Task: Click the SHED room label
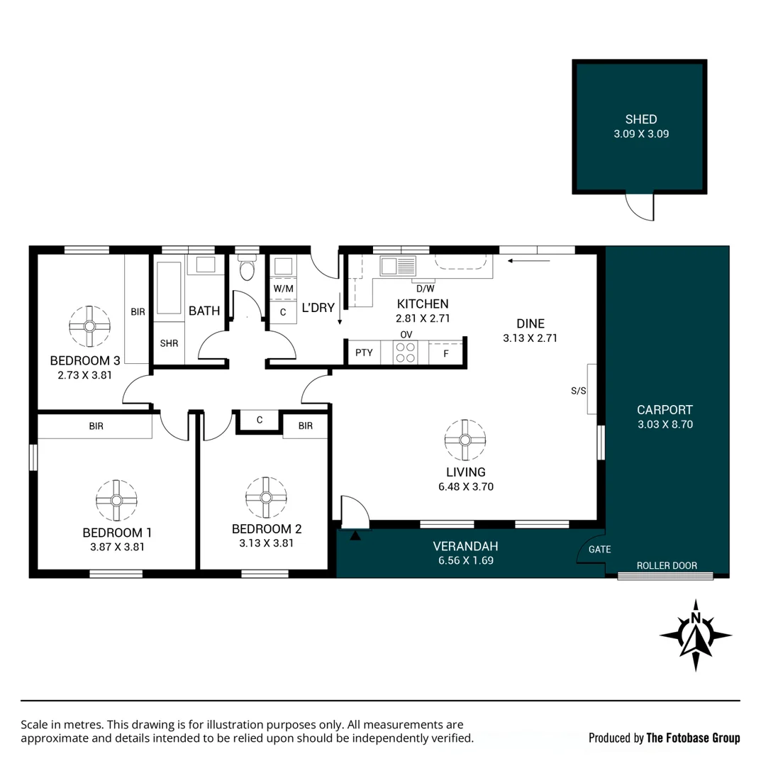[x=641, y=119]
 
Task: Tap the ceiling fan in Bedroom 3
[x=89, y=326]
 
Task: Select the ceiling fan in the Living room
[x=465, y=440]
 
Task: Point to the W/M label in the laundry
[x=283, y=289]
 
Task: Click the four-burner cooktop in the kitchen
[x=406, y=353]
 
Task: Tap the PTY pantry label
[x=364, y=353]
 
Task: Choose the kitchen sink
[x=398, y=266]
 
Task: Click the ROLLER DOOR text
[x=667, y=566]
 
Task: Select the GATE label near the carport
[x=600, y=550]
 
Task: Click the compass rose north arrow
[x=696, y=635]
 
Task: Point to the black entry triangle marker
[x=355, y=535]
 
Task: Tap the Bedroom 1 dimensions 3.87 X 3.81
[x=117, y=547]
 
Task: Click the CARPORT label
[x=665, y=410]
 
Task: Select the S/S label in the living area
[x=578, y=391]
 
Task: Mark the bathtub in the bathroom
[x=169, y=288]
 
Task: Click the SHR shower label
[x=169, y=343]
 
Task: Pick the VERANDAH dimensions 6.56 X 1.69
[x=466, y=561]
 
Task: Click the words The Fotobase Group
[x=693, y=738]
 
